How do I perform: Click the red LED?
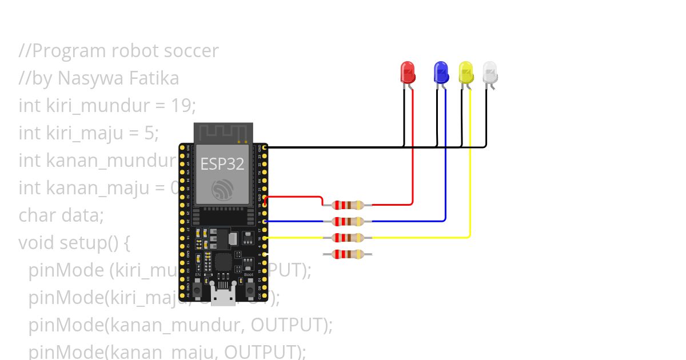[x=408, y=72]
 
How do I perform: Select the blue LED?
[x=441, y=72]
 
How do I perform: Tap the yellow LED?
[x=466, y=72]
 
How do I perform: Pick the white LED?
[x=490, y=72]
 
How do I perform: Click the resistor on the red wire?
[x=348, y=205]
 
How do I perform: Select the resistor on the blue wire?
[x=348, y=221]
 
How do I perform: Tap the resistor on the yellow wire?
[x=348, y=237]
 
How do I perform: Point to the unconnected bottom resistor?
[x=348, y=254]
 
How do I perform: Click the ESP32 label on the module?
[x=222, y=164]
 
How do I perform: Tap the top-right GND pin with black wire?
[x=265, y=147]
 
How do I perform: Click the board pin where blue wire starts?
[x=265, y=221]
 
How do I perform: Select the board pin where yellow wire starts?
[x=265, y=237]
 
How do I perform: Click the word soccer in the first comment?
[x=191, y=51]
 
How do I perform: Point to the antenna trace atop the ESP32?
[x=223, y=132]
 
